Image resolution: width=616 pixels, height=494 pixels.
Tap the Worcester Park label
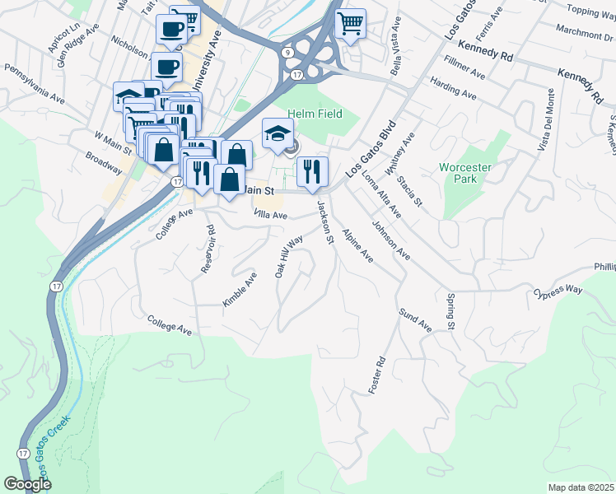465,173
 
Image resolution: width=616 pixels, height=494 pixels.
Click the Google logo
28,484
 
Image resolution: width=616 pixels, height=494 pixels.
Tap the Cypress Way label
557,291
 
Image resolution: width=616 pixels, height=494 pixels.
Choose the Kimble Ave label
240,291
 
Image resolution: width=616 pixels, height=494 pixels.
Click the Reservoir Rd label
210,249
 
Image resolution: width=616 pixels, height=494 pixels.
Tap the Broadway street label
104,163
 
